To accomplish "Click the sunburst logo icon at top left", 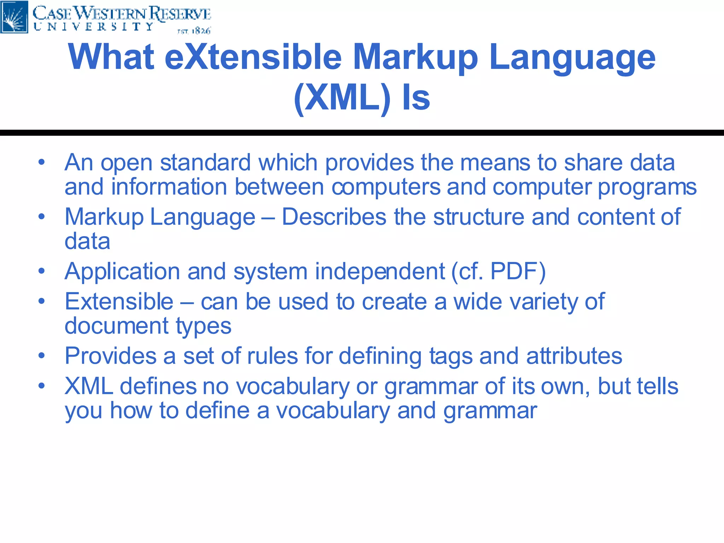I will tap(14, 17).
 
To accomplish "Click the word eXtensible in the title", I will tap(253, 57).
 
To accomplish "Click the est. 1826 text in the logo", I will tap(194, 31).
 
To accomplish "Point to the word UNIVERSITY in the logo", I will tap(94, 27).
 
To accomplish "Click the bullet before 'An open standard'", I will tap(42, 163).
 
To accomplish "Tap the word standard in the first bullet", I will tap(205, 163).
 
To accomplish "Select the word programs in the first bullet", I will tap(647, 187).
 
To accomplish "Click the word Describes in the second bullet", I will tap(334, 217).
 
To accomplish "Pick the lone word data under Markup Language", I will tap(87, 241).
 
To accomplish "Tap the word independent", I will tap(380, 271).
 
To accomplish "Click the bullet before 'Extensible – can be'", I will tap(42, 301).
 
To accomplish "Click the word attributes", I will tap(574, 356).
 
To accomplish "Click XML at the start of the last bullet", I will tap(89, 386).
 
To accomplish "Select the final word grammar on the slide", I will tap(490, 411).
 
